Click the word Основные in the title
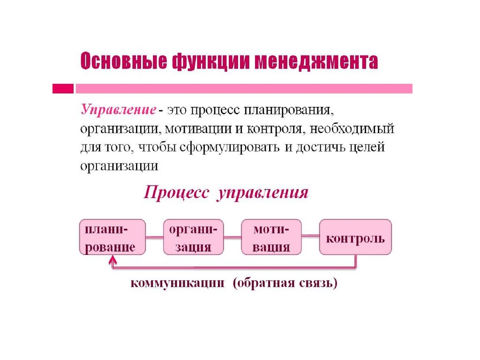coord(124,61)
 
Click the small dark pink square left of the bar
coord(63,89)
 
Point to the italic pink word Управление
coord(119,110)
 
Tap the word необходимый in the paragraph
coord(352,129)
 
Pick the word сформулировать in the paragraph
coord(229,148)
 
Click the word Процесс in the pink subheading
coord(177,193)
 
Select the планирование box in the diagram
coord(112,237)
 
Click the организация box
coord(194,237)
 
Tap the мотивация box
coord(271,237)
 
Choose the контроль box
coord(355,237)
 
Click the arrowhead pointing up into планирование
coord(113,260)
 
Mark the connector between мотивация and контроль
coord(310,236)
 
